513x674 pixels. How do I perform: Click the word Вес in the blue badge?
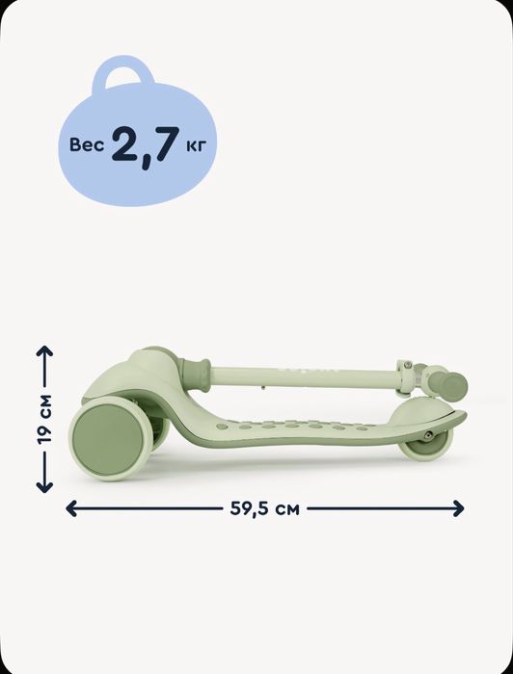click(87, 144)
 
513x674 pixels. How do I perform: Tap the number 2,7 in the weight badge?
click(146, 145)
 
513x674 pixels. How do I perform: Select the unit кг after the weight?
click(196, 145)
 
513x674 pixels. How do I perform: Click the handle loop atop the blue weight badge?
click(123, 72)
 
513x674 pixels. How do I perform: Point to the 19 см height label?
click(44, 419)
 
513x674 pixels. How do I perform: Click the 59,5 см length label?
click(264, 508)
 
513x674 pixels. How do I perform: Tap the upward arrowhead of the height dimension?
click(44, 351)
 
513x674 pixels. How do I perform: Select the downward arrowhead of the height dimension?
click(44, 486)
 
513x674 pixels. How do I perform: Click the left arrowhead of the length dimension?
click(71, 508)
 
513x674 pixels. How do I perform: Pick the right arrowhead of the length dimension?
click(459, 508)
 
